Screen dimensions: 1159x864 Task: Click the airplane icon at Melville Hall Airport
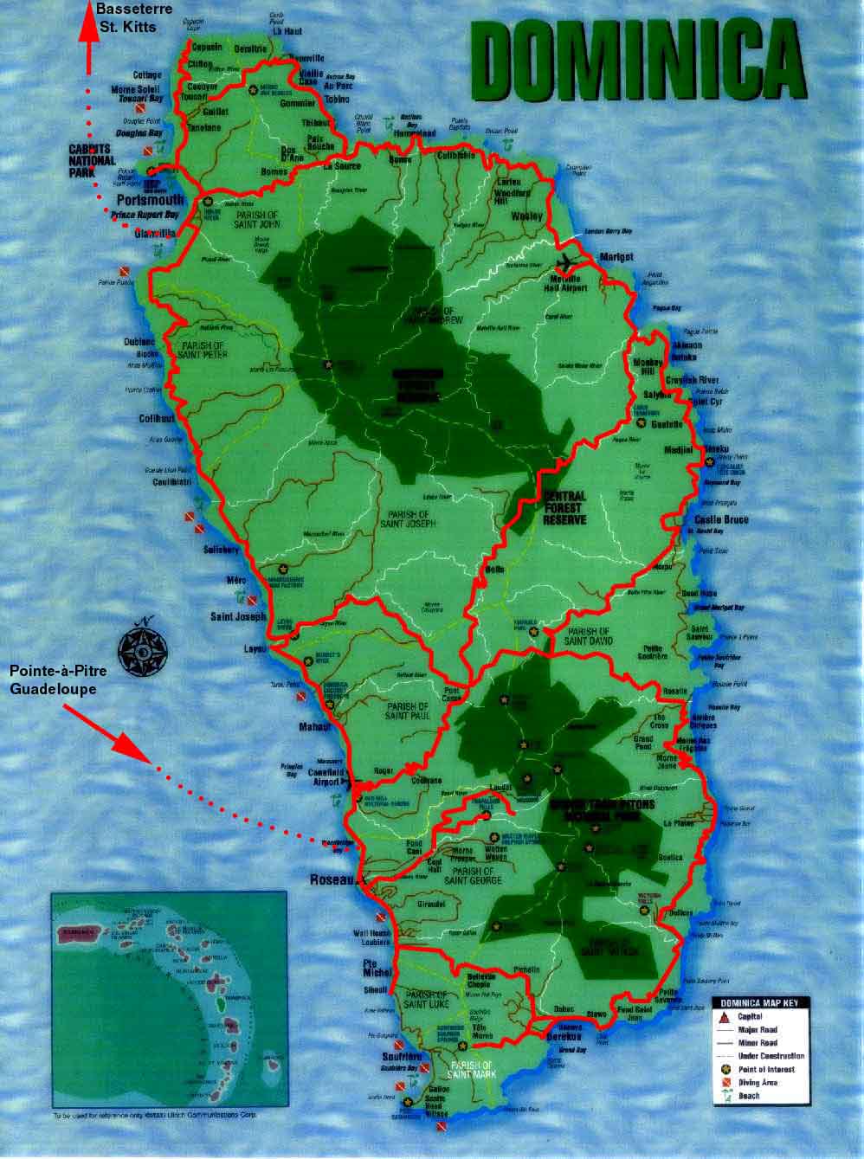pos(567,261)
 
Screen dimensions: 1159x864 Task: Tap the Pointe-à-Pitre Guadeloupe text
pos(53,679)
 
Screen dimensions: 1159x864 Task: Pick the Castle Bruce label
pos(721,519)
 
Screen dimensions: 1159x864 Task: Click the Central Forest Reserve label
pos(564,508)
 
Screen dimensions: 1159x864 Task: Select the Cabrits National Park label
pos(91,160)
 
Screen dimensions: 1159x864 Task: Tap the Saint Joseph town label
pos(238,617)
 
